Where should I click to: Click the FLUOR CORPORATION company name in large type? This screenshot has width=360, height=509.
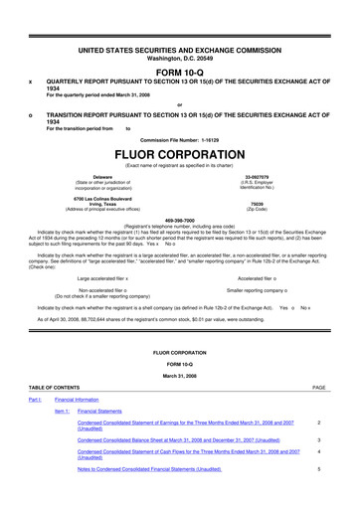pos(179,156)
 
